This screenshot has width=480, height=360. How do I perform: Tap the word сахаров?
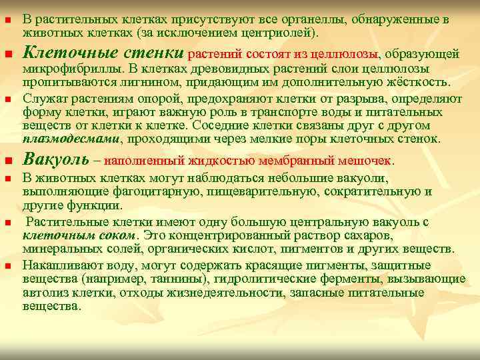tap(331, 235)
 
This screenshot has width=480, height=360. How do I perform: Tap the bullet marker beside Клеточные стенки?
tap(9, 53)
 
